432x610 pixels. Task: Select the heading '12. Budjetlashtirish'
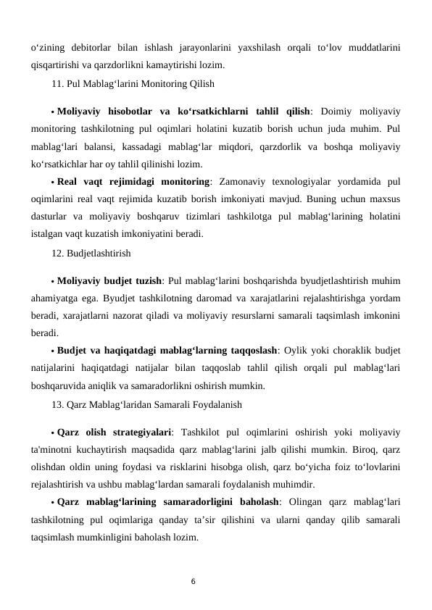tap(91, 254)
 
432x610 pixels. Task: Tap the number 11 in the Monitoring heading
tap(58, 84)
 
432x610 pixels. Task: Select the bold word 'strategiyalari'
tap(145, 433)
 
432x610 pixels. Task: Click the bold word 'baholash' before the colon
tap(257, 501)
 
